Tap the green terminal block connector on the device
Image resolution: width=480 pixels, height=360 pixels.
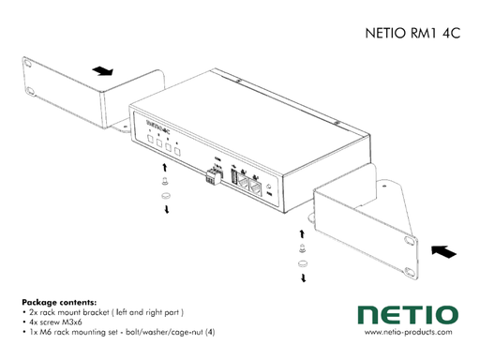pyautogui.click(x=214, y=177)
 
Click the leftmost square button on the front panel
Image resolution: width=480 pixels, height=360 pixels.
pyautogui.click(x=150, y=142)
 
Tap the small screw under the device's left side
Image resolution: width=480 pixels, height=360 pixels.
pyautogui.click(x=165, y=181)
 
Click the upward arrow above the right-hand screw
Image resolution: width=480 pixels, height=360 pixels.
pyautogui.click(x=302, y=232)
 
